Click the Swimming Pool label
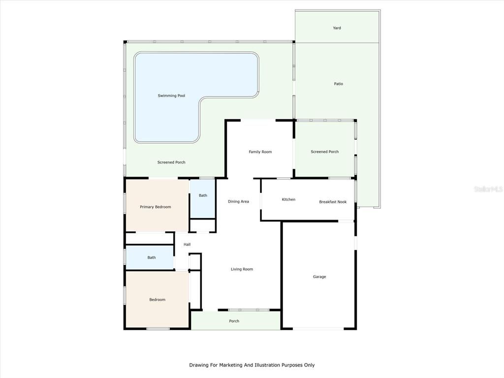(x=171, y=95)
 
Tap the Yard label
(x=337, y=28)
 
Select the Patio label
(x=338, y=84)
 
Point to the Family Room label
(x=260, y=152)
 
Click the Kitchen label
(x=288, y=199)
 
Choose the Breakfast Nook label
(x=333, y=202)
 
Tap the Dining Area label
(x=238, y=201)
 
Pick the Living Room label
(x=242, y=269)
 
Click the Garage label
(x=319, y=277)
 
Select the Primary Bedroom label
(x=155, y=207)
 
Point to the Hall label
(x=187, y=245)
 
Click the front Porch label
(x=234, y=321)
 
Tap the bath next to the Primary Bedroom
(x=203, y=195)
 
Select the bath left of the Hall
(x=152, y=257)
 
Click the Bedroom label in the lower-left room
(x=157, y=299)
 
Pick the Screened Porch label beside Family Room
(x=324, y=152)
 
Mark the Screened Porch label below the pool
(x=171, y=162)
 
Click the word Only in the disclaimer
(x=309, y=365)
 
